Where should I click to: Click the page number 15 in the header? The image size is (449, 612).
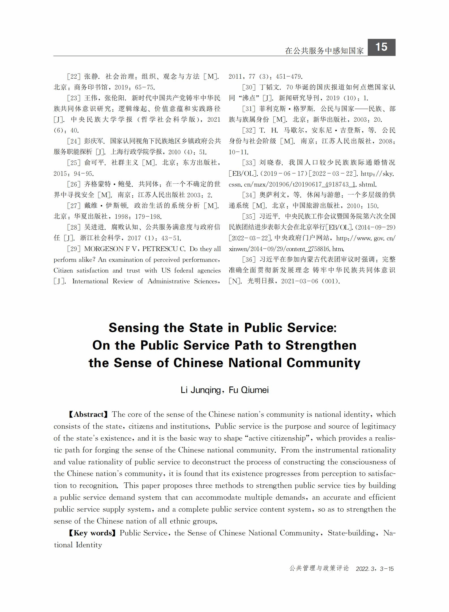pos(381,47)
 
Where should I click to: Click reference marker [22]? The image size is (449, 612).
pos(74,76)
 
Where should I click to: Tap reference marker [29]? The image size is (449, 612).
pos(74,249)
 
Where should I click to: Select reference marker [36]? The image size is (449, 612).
pos(249,260)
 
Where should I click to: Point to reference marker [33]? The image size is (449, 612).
pos(249,163)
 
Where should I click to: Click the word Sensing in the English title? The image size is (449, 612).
pos(134,328)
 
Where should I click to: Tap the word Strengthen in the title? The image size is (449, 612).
pos(321,345)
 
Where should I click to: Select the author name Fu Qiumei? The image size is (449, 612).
pos(249,390)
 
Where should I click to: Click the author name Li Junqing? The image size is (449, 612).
pos(201,390)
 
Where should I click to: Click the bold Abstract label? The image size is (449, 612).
pos(88,414)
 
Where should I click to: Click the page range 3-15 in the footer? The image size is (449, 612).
pos(387,569)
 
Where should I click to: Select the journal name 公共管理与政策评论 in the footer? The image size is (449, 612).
pos(319,568)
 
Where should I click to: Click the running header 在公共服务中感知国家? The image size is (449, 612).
pos(324,51)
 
